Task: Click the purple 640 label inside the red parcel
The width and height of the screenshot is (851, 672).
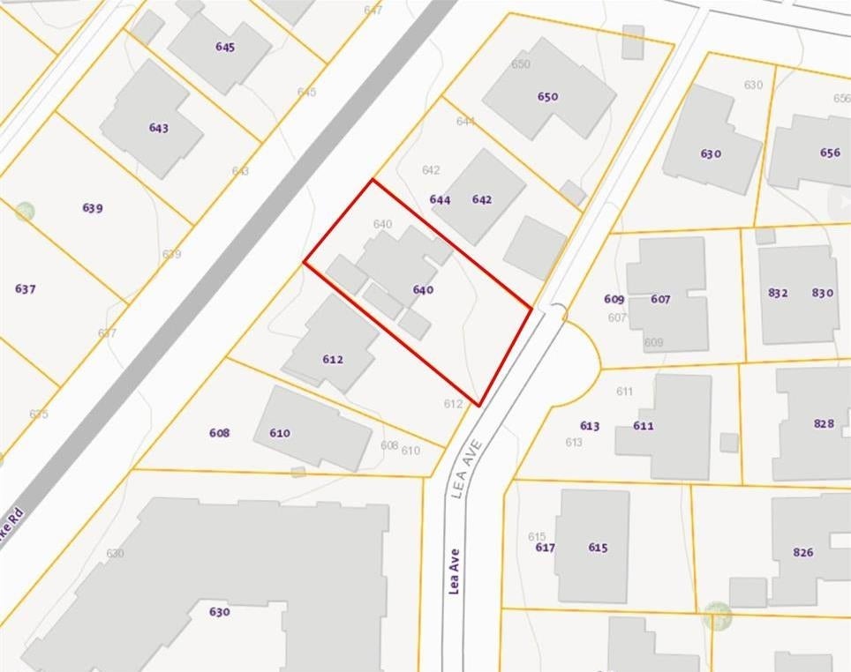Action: (423, 289)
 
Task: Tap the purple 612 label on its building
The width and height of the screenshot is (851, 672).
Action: (332, 359)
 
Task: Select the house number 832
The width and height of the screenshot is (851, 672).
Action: (778, 293)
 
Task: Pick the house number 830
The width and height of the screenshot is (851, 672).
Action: (822, 293)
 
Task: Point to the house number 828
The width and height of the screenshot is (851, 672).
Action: (824, 423)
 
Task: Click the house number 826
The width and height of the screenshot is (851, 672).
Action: (802, 552)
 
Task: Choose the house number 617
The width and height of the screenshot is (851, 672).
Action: (545, 547)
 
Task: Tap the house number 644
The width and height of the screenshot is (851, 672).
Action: (440, 199)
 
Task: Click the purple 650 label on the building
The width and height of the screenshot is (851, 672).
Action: (547, 96)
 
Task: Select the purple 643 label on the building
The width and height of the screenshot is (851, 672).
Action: (158, 128)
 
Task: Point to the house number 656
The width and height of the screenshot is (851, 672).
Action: (830, 153)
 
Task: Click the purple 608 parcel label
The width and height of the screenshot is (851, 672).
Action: (219, 432)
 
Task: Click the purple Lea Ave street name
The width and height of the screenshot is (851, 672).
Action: (455, 571)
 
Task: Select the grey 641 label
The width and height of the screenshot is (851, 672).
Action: (466, 121)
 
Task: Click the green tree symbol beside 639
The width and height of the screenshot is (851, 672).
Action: (25, 212)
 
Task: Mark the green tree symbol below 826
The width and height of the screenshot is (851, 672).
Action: (718, 616)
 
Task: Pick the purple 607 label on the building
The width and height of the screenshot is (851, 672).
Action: (660, 299)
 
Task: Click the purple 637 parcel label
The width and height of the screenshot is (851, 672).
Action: (26, 288)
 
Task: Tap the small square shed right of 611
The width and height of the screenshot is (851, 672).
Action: (728, 443)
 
